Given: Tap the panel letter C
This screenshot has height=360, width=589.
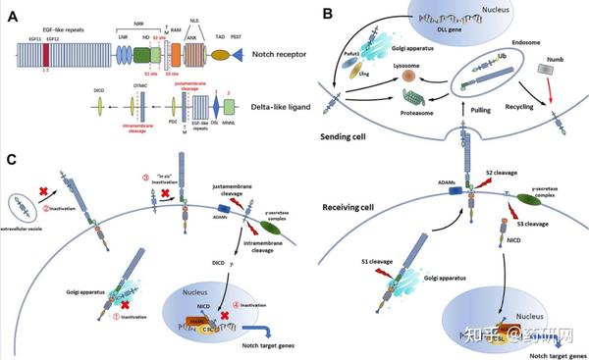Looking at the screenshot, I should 10,158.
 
